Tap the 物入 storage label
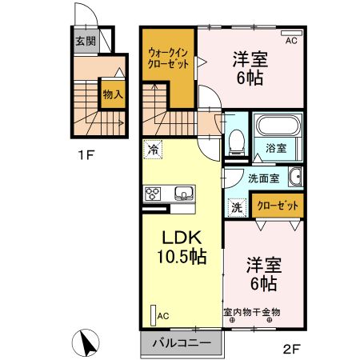(x=112, y=94)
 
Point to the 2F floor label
(x=293, y=349)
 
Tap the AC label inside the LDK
(x=162, y=315)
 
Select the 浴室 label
(x=276, y=149)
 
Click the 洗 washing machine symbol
(x=237, y=206)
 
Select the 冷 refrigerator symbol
(x=152, y=149)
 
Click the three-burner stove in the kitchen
(x=153, y=194)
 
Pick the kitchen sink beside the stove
(x=182, y=194)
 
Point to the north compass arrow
(x=88, y=342)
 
